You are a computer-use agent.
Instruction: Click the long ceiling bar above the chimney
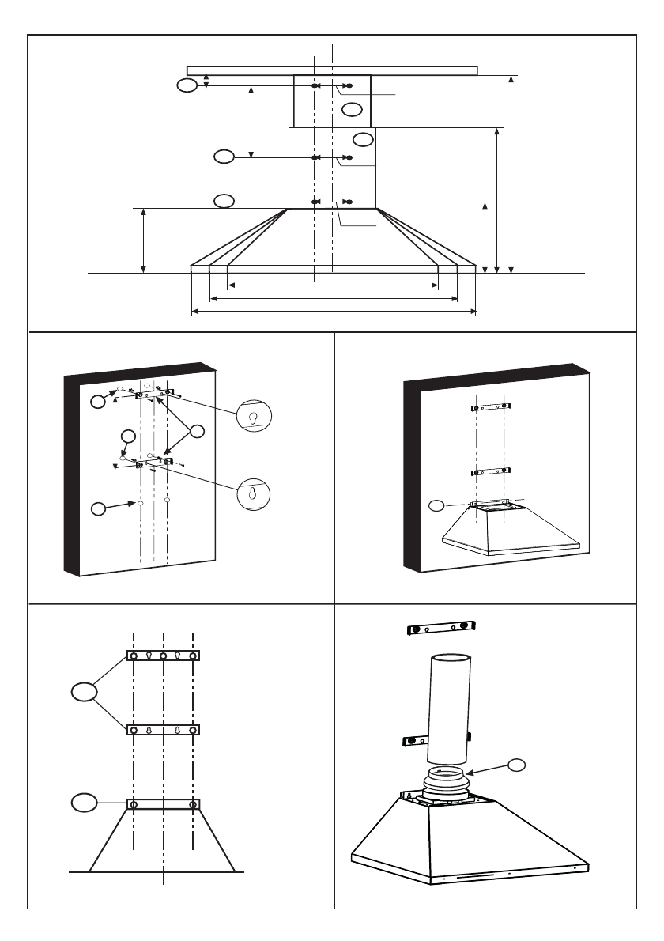[x=332, y=70]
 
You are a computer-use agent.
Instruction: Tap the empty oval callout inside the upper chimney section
[x=353, y=108]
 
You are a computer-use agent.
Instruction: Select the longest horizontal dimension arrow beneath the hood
[x=334, y=312]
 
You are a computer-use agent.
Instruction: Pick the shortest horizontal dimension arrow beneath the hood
[x=333, y=285]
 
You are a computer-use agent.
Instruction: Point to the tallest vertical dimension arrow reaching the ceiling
[x=512, y=174]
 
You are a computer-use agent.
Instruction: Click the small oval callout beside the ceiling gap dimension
[x=187, y=85]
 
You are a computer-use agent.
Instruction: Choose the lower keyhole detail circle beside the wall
[x=253, y=493]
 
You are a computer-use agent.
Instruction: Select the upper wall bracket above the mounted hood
[x=490, y=406]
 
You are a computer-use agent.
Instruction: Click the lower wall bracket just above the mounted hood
[x=490, y=472]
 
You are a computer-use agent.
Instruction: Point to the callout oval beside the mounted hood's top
[x=436, y=504]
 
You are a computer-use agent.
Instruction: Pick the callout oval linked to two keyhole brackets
[x=82, y=693]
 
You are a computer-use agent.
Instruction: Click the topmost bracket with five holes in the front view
[x=163, y=656]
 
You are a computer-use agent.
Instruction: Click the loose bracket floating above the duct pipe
[x=440, y=629]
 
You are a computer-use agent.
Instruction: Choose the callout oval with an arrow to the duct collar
[x=516, y=763]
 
